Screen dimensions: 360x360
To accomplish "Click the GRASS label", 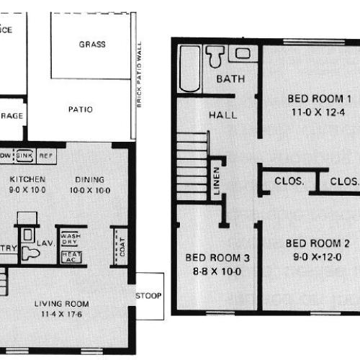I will [x=91, y=44].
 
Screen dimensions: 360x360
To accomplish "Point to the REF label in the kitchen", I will [x=45, y=155].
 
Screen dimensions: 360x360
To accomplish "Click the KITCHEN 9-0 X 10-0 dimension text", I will [x=28, y=190].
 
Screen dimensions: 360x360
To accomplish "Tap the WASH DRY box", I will [x=70, y=238].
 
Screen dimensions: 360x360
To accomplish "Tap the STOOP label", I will [x=149, y=295].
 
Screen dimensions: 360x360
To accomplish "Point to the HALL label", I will [x=222, y=114].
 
